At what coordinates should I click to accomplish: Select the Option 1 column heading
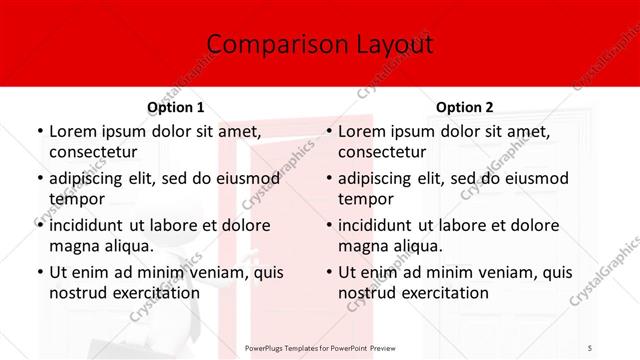coord(176,107)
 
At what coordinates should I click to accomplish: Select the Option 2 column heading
coord(465,107)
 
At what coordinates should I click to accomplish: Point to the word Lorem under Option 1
coord(73,131)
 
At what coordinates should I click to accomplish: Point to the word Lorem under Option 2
coord(362,131)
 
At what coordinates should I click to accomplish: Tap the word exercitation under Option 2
coord(442,293)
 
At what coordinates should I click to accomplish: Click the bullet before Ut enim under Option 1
coord(39,273)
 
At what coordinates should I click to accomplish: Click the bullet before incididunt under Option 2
coord(328,226)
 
